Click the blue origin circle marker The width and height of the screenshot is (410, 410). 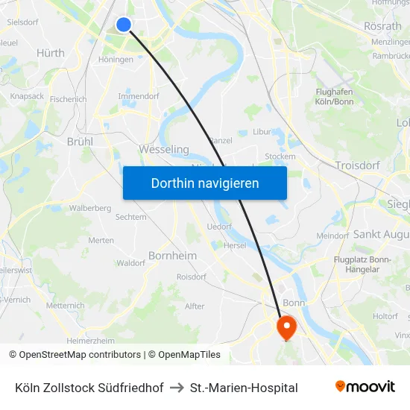[x=124, y=25]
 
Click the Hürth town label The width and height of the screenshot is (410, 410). [x=51, y=53]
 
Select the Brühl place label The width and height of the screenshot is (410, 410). [x=80, y=141]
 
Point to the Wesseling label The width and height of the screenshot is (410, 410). [x=164, y=149]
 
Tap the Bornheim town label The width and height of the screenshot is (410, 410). [x=172, y=256]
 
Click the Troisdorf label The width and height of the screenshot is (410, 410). [x=359, y=165]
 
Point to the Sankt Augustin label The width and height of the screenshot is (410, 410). [x=381, y=234]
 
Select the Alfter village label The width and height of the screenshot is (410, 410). [x=195, y=306]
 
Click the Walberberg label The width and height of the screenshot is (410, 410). [x=90, y=208]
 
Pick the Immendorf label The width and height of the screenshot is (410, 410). [x=138, y=96]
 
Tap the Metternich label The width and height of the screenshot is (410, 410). [x=66, y=306]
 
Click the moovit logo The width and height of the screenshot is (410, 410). [x=365, y=387]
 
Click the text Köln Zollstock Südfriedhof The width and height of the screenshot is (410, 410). [x=89, y=388]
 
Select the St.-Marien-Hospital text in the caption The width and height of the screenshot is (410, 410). [x=244, y=388]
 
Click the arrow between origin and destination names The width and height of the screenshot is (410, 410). [x=177, y=388]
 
